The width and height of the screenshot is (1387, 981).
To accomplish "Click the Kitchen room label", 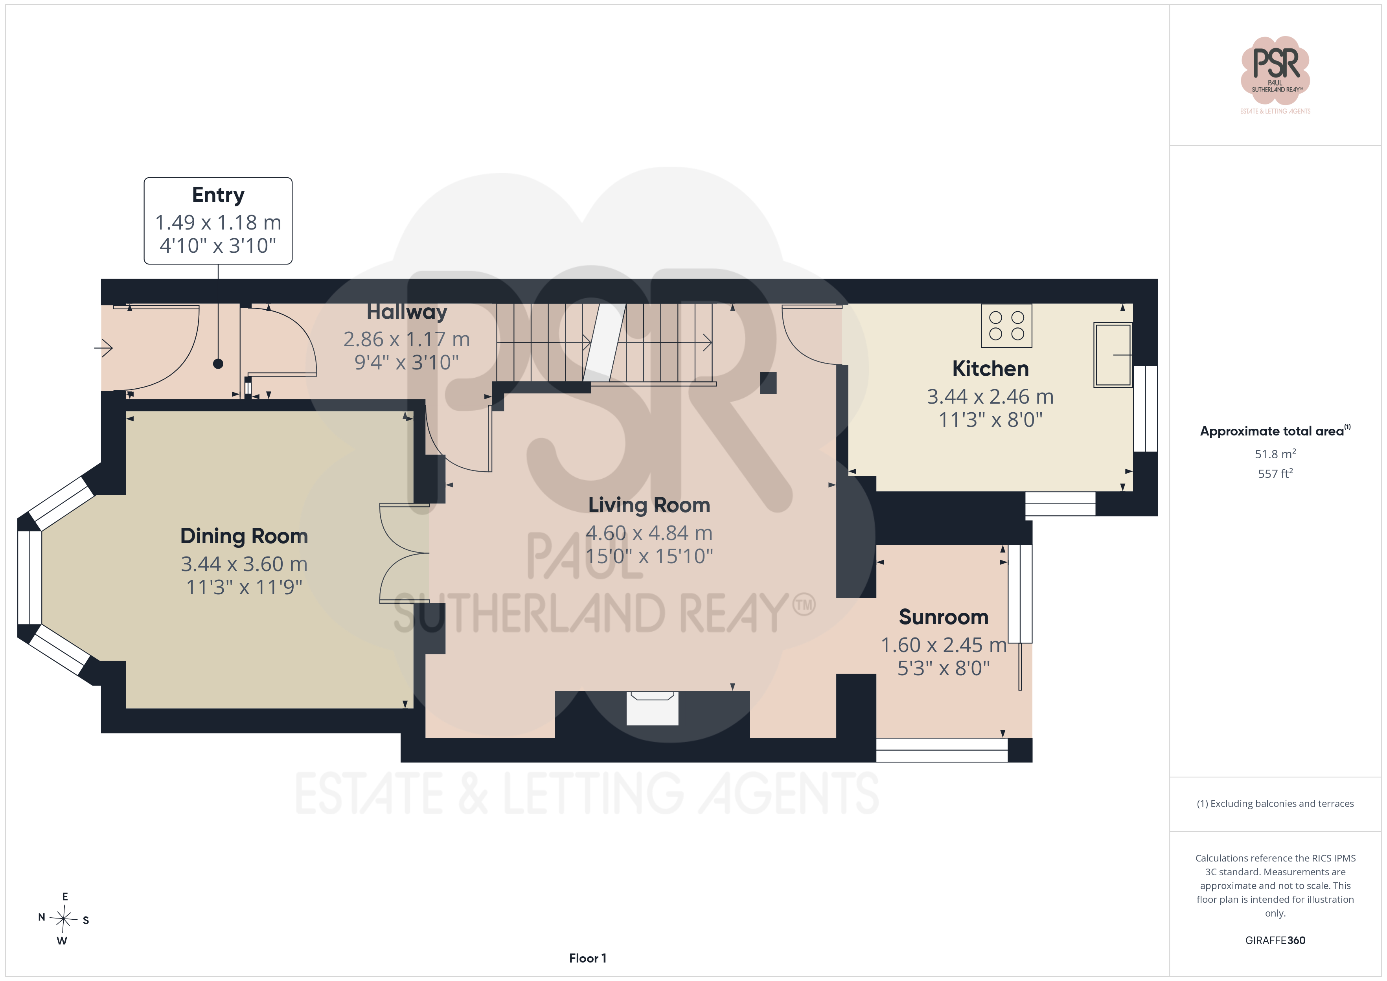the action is tap(990, 369).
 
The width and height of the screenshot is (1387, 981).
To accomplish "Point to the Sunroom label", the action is tap(944, 617).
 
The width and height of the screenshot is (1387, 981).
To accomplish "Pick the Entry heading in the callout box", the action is tap(218, 195).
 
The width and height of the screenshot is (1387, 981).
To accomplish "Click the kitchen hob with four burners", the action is tap(1006, 325).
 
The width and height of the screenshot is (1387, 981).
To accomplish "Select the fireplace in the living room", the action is tap(653, 708).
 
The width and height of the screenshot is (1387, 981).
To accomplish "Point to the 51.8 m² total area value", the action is tap(1275, 454).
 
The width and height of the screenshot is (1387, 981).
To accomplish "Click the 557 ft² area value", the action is tap(1275, 474).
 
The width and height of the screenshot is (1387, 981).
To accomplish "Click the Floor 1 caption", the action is tap(587, 958).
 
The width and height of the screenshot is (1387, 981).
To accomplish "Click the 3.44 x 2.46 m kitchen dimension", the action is tap(990, 397).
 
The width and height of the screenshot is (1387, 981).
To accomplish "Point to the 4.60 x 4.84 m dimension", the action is tap(649, 533).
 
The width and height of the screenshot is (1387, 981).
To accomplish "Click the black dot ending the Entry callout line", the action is tap(218, 364).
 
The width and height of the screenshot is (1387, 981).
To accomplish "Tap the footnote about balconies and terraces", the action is tap(1275, 803).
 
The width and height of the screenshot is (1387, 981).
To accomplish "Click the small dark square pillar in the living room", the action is tap(768, 383).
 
